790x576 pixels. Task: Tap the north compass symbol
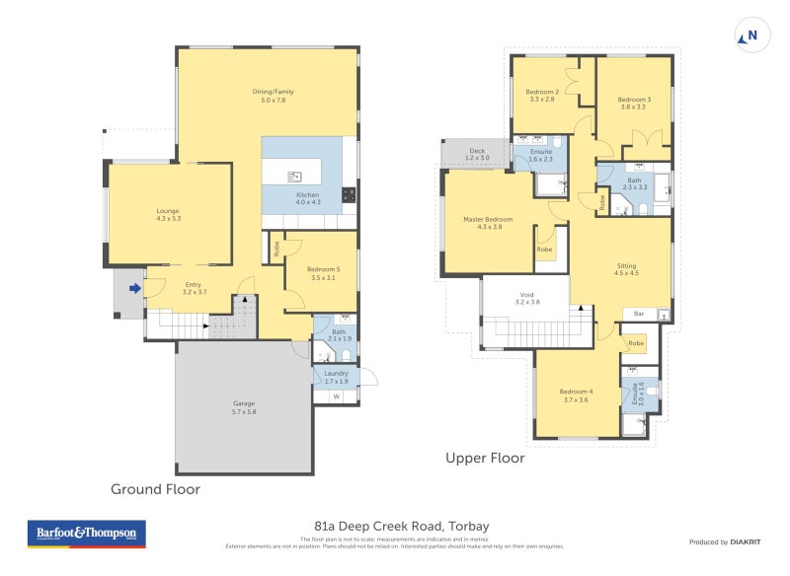[750, 36]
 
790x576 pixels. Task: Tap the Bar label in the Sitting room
[639, 314]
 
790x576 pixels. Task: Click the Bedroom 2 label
[542, 96]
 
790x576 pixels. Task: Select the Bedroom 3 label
[633, 103]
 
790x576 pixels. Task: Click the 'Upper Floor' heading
[485, 458]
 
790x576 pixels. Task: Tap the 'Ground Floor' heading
[155, 488]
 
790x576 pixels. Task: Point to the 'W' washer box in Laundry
[337, 397]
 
